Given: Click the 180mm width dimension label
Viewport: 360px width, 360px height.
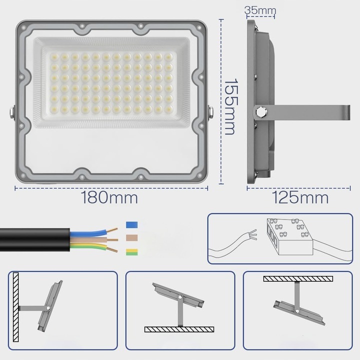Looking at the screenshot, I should pos(109,197).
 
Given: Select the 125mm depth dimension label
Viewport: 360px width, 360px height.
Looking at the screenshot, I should pos(300,197).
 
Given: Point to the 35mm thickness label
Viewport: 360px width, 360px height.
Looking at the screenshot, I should pos(260,9).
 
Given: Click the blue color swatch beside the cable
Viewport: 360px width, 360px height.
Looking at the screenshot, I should pos(133,225).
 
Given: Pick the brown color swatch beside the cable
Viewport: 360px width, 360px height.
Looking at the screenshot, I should pos(133,238).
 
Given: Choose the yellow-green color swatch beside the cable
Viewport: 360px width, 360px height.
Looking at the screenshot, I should pos(133,252).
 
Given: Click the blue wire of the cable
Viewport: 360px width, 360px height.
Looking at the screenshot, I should pos(92,231).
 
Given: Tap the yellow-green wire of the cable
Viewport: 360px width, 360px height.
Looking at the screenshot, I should pos(92,246).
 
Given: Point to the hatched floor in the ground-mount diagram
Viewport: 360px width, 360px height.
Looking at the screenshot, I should pos(179,329).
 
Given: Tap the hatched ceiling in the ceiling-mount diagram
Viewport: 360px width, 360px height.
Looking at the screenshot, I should pos(298,278).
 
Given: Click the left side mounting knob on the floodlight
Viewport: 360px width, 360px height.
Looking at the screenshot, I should pos(11,112).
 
